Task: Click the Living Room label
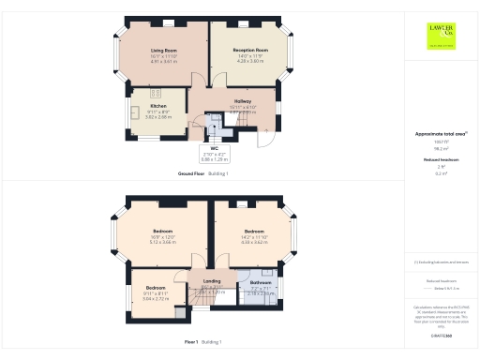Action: click(164, 48)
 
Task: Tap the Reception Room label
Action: click(250, 49)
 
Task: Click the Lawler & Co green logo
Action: click(441, 36)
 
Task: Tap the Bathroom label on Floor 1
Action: click(261, 281)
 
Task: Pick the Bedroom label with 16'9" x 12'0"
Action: click(162, 230)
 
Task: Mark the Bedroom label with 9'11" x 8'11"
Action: click(155, 288)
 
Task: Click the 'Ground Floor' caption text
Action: click(191, 174)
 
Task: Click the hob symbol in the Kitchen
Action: click(157, 93)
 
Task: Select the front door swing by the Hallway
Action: click(267, 138)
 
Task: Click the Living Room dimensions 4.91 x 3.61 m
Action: click(164, 60)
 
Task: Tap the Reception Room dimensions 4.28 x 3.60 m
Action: click(250, 60)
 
